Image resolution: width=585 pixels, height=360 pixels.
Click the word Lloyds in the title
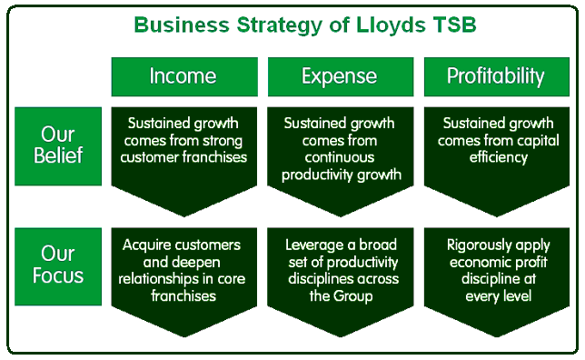click(391, 25)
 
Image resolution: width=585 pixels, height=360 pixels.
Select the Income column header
click(184, 76)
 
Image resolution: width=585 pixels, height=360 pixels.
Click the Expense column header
click(341, 76)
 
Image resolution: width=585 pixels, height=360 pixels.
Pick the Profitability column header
click(497, 76)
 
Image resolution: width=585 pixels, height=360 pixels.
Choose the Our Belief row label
click(58, 146)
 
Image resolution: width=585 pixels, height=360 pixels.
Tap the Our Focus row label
click(58, 266)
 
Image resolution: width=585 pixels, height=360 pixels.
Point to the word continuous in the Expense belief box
click(340, 157)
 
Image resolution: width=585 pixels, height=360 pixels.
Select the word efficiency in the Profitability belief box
click(499, 157)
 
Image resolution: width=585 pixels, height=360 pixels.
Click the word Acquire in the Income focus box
click(145, 245)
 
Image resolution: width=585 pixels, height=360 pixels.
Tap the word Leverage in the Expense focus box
click(314, 245)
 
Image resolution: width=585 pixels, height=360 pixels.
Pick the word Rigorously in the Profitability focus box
click(478, 245)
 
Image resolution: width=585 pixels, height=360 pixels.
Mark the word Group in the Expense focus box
click(353, 296)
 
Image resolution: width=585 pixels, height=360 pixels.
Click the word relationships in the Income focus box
click(161, 279)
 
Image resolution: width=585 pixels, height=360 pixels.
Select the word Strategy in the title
click(280, 25)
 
